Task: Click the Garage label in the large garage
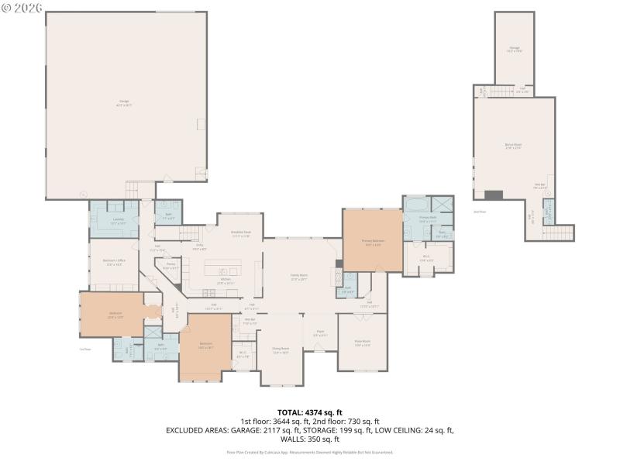click(124, 103)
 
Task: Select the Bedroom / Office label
click(114, 263)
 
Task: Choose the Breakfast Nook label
click(240, 235)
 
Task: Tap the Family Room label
click(299, 277)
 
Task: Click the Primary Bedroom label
click(373, 242)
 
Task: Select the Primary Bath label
click(428, 219)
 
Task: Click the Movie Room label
click(362, 343)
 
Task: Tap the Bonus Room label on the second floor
click(513, 146)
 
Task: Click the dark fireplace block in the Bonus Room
click(494, 194)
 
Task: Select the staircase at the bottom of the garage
click(141, 188)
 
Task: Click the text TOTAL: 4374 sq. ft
click(310, 412)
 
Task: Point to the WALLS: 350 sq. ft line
click(310, 438)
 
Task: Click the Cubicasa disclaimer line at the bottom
click(310, 452)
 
